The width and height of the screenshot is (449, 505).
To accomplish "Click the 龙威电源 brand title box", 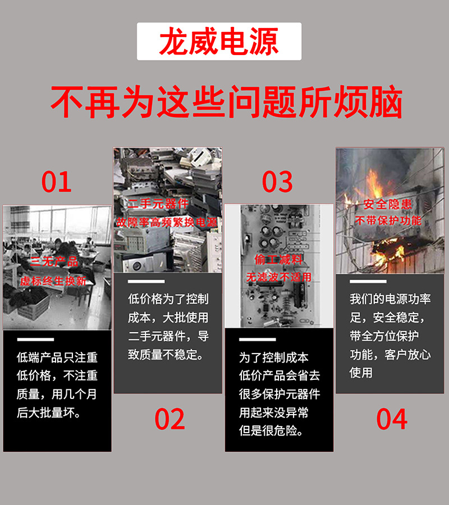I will (x=219, y=42).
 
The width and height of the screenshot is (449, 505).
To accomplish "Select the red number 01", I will (x=57, y=182).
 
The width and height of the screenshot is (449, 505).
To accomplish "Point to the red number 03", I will (x=278, y=182).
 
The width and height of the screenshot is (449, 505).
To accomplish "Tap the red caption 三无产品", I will (x=54, y=262).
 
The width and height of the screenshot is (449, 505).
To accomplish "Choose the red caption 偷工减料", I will (x=278, y=260).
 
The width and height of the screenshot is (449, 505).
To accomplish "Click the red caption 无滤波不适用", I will (x=278, y=277).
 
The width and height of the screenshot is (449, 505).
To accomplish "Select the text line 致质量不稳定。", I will (x=166, y=355).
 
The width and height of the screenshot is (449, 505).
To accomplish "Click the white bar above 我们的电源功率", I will (x=368, y=281).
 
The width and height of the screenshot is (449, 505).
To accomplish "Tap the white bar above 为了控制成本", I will (x=258, y=339).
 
